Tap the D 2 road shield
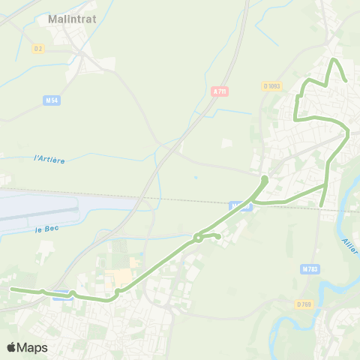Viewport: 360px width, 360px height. (x=38, y=49)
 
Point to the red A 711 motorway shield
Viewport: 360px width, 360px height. (x=219, y=91)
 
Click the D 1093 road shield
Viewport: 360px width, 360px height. (x=272, y=86)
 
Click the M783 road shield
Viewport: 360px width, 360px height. (x=309, y=268)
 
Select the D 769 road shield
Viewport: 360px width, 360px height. (x=304, y=304)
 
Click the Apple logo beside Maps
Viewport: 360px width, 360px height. (x=12, y=347)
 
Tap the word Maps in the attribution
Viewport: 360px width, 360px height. (x=32, y=347)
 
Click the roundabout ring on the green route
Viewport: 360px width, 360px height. (x=198, y=238)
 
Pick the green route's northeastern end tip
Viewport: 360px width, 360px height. (x=346, y=80)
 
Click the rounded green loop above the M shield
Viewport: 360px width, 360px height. (x=265, y=180)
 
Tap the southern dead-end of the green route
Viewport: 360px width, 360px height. (x=322, y=205)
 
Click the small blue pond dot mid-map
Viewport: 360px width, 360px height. (x=196, y=178)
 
